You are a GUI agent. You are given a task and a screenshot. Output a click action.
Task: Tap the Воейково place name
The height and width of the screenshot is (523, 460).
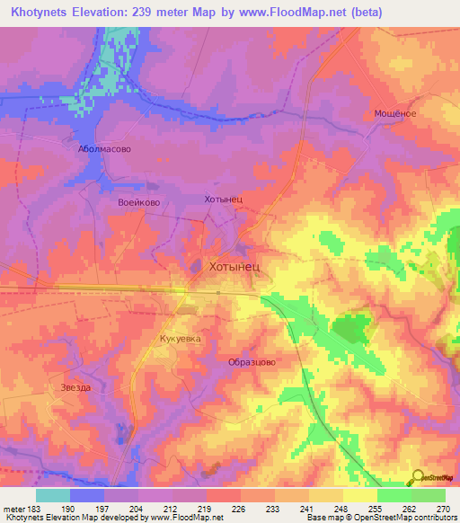(138, 203)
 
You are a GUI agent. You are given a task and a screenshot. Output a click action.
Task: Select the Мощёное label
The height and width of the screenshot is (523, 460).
(394, 114)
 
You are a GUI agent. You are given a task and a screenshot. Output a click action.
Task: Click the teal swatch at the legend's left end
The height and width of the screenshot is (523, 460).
(52, 494)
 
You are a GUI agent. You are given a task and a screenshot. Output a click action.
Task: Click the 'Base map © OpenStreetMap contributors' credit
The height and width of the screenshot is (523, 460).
(380, 518)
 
